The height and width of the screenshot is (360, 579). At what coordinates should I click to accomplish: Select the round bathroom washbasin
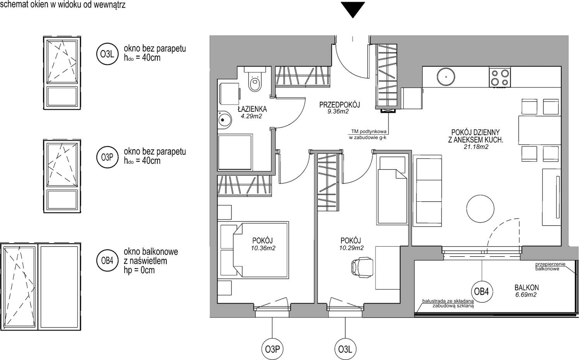click(x=224, y=120)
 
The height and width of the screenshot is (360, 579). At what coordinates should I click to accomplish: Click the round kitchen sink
click(x=446, y=77)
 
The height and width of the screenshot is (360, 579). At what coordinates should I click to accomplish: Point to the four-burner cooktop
click(x=500, y=77)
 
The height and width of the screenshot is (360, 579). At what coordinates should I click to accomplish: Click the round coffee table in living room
click(x=480, y=209)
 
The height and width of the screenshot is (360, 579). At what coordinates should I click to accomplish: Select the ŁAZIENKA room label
click(x=252, y=109)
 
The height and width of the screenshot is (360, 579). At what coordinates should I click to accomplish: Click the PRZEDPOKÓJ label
click(x=340, y=105)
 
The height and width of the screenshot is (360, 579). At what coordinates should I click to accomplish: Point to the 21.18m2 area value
click(x=476, y=147)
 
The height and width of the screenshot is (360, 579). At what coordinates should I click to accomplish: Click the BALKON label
click(x=526, y=287)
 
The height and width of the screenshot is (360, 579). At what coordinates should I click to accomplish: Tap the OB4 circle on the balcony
click(x=481, y=291)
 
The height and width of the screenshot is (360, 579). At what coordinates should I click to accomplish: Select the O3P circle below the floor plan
click(x=272, y=350)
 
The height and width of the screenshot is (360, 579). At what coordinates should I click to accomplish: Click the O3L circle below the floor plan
click(x=345, y=350)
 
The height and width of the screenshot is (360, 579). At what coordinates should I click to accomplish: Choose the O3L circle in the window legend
click(x=107, y=54)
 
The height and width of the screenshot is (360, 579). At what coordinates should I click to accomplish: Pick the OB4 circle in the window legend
click(x=107, y=261)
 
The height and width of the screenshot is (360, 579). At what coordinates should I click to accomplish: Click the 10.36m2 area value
click(x=263, y=248)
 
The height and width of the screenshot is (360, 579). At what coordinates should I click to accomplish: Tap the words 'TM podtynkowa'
click(x=368, y=131)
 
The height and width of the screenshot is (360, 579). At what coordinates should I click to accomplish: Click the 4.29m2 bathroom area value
click(x=251, y=116)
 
